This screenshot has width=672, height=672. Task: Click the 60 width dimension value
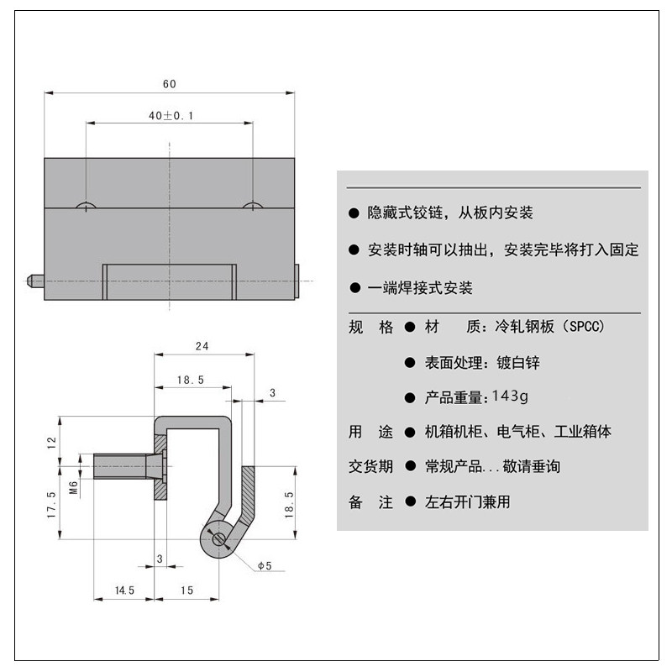pos(169,83)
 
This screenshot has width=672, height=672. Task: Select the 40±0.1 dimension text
pos(171,116)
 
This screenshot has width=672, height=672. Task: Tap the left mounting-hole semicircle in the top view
pos(86,206)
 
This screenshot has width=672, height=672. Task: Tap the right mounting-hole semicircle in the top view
pos(253,206)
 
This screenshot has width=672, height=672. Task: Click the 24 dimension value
pos(202,345)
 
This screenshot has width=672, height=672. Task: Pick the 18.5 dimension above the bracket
pos(190,380)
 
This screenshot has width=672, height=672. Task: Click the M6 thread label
pos(73,488)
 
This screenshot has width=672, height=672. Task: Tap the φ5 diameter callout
pos(263,566)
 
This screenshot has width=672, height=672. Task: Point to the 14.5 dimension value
pos(124,591)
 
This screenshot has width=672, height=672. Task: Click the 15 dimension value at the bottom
pos(186,591)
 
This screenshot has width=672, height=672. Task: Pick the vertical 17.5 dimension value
pos(51,506)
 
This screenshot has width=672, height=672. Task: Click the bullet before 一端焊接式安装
pos(354,288)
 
